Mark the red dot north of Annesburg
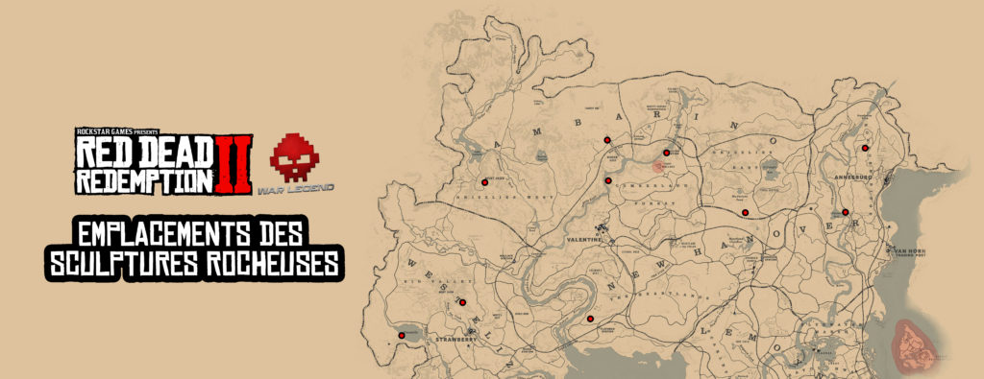pyautogui.click(x=866, y=148)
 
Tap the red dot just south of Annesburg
pyautogui.click(x=846, y=212)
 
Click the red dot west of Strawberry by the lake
pyautogui.click(x=401, y=336)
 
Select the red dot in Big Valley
pyautogui.click(x=462, y=302)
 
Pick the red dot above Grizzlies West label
pyautogui.click(x=483, y=181)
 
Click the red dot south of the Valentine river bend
pyautogui.click(x=590, y=319)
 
